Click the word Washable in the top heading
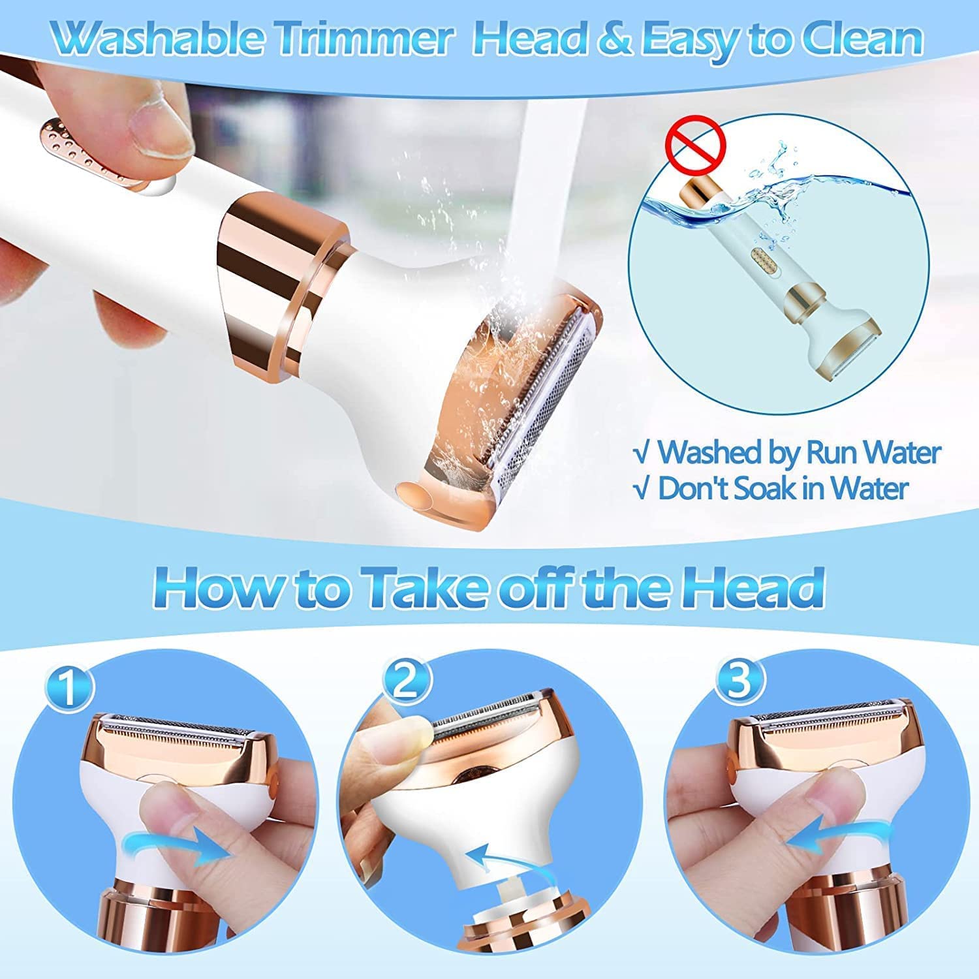click(x=161, y=39)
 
